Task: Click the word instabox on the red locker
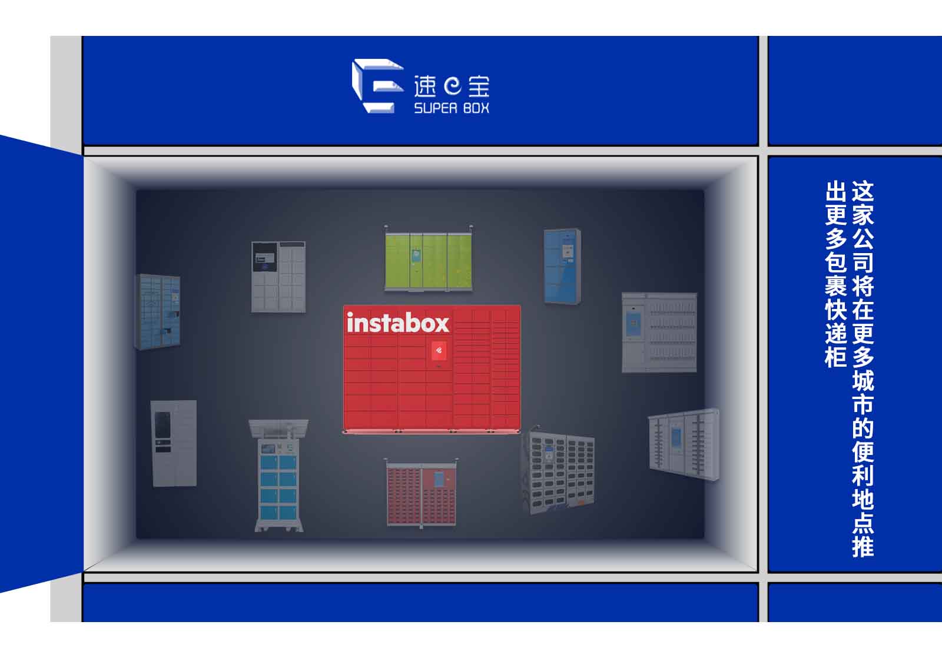[x=398, y=323]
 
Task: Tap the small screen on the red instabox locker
[x=439, y=352]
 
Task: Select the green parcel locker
[x=428, y=261]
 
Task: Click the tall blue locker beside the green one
[x=562, y=266]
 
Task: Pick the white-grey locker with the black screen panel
[x=278, y=277]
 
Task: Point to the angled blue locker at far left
[x=158, y=312]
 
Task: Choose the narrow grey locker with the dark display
[x=174, y=443]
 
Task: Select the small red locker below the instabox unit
[x=422, y=494]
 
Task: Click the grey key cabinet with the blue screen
[x=659, y=333]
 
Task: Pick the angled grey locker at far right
[x=684, y=445]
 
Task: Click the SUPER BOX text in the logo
[x=452, y=108]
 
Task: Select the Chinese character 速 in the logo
[x=425, y=87]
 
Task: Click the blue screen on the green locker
[x=417, y=255]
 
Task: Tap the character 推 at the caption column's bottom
[x=863, y=546]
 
